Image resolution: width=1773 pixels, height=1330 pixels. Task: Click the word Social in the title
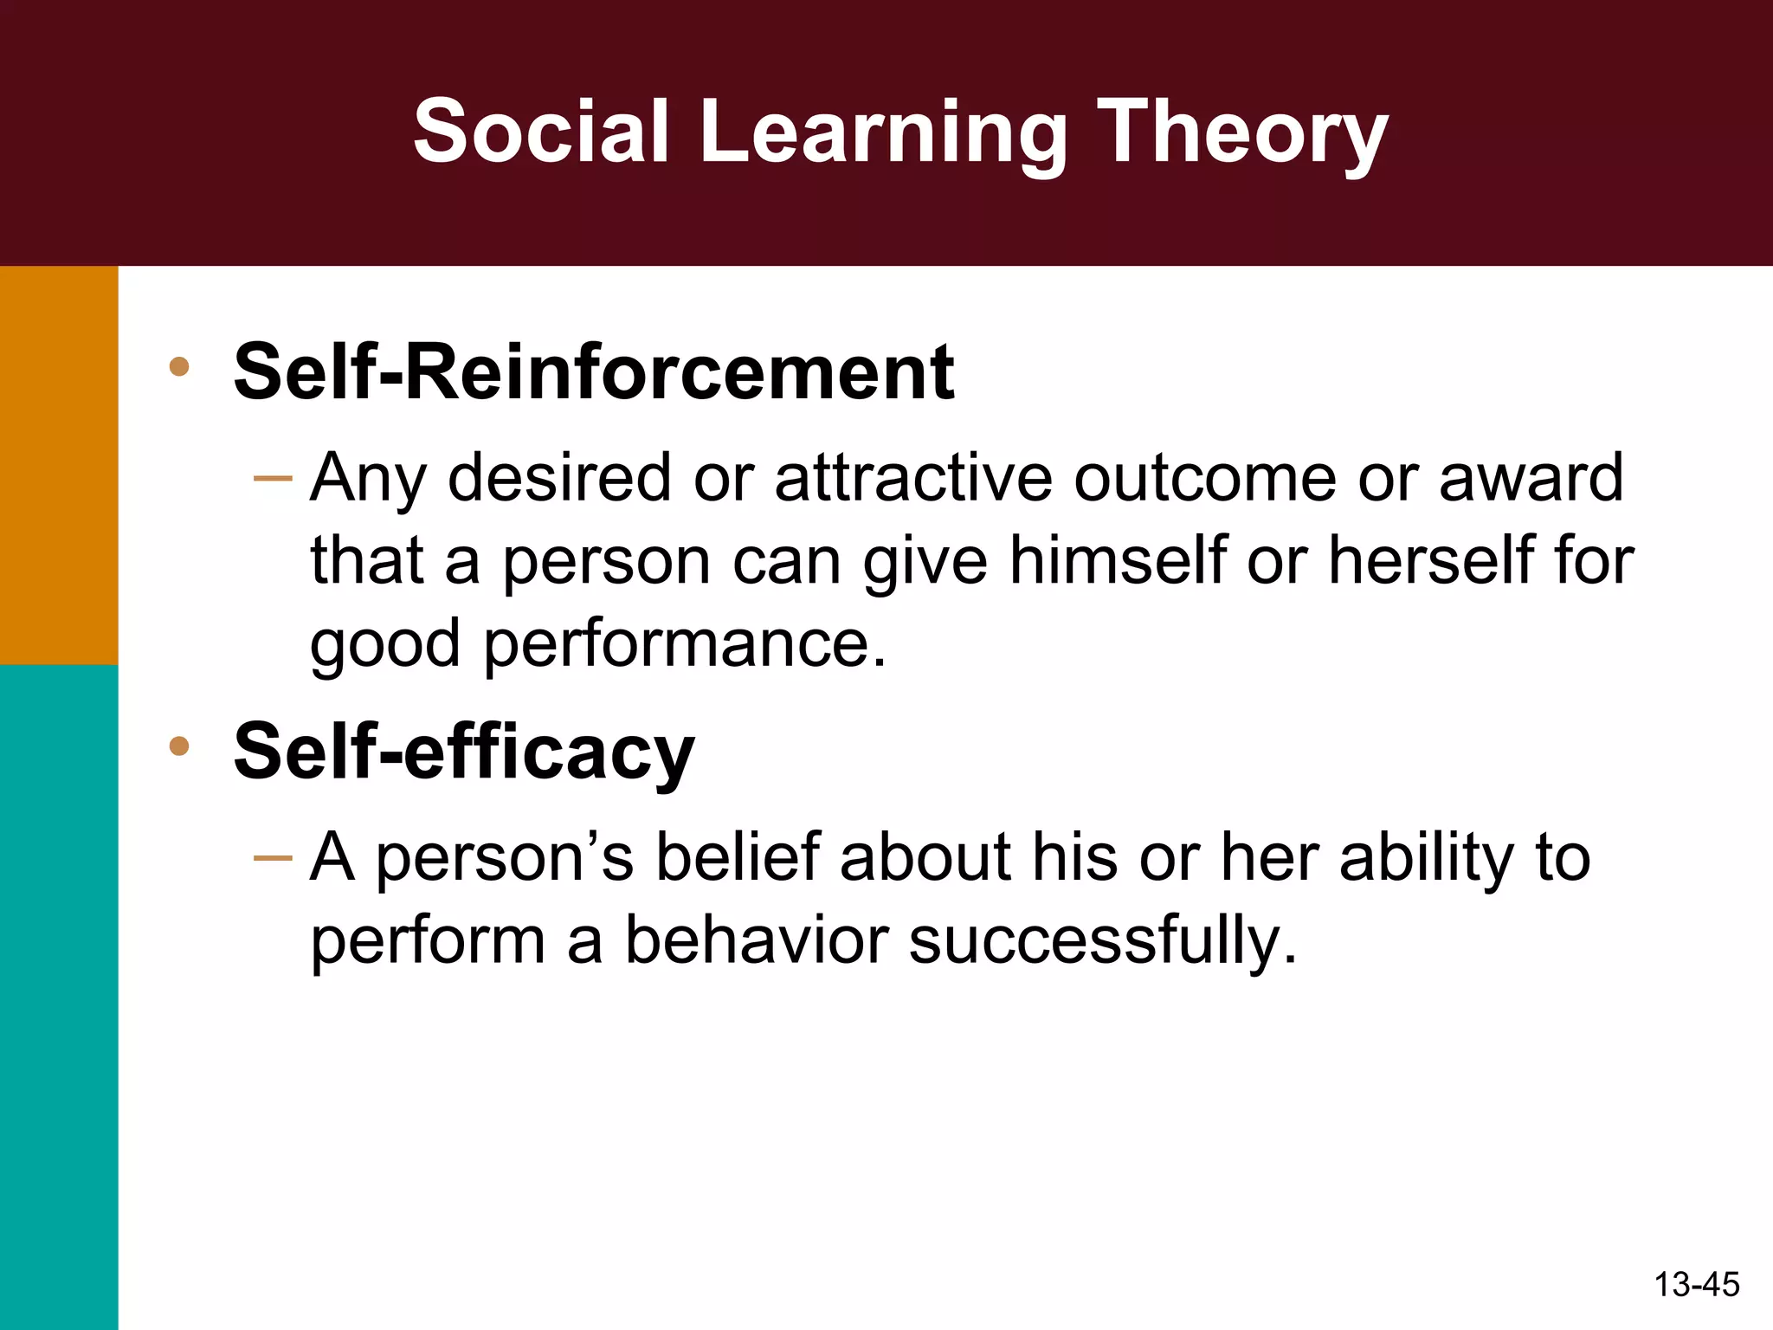coord(541,132)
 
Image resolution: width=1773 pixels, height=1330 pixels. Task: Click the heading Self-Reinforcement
coord(593,372)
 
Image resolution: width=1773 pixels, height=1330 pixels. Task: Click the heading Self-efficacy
coord(463,752)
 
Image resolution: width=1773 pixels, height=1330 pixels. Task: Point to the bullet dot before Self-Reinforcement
coord(179,366)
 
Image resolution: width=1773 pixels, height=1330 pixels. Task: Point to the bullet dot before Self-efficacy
coord(179,746)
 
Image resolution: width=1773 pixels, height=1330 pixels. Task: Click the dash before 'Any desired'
coord(274,479)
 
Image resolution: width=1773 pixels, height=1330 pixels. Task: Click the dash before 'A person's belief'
coord(274,858)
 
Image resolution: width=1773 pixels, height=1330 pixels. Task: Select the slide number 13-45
coord(1696,1284)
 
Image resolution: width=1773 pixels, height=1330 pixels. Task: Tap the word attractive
coord(913,478)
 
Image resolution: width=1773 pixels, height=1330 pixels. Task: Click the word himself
coord(1118,560)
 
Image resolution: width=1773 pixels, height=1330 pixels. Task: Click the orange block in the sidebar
coord(59,464)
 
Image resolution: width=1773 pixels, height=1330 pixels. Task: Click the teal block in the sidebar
coord(59,996)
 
